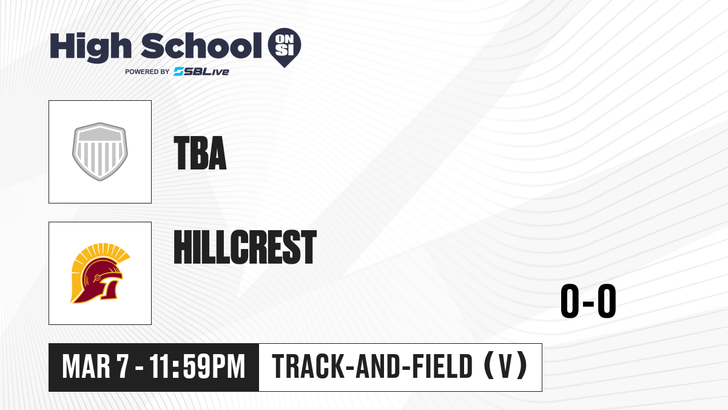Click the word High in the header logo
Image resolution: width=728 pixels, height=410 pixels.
tap(90, 47)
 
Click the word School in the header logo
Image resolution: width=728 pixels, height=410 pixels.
tap(201, 46)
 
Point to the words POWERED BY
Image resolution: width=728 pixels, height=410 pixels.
tap(147, 72)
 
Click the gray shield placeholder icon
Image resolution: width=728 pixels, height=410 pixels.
tap(100, 152)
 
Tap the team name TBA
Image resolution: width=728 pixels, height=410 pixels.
tap(200, 153)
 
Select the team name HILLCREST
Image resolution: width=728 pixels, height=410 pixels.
tap(245, 247)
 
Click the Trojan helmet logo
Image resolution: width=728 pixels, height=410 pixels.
tap(100, 273)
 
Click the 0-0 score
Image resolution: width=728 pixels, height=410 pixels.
tap(588, 301)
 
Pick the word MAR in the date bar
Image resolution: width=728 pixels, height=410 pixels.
tap(86, 367)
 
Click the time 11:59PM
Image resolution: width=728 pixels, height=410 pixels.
tap(197, 367)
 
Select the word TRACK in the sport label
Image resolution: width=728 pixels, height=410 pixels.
tap(308, 367)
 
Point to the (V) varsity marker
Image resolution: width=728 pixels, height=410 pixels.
tap(505, 366)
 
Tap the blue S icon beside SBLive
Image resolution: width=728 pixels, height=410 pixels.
tap(178, 72)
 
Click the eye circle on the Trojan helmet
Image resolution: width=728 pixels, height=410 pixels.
tap(97, 278)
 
